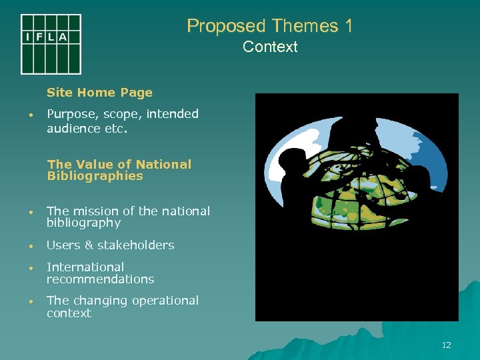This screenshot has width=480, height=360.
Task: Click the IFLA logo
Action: click(51, 44)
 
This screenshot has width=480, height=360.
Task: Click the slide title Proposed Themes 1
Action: click(269, 26)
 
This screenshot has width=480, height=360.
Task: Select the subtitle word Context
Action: click(270, 47)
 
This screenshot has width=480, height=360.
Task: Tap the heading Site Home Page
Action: click(99, 93)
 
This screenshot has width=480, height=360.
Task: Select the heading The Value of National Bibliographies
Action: click(119, 170)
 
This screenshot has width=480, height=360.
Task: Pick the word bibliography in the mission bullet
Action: click(83, 223)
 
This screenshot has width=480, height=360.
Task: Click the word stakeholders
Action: click(137, 245)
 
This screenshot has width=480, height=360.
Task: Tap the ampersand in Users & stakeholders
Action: click(89, 245)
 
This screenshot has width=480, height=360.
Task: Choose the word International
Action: click(85, 267)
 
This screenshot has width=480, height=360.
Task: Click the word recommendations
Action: click(100, 279)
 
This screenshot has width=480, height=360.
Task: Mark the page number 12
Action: click(446, 345)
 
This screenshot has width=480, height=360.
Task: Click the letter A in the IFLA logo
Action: click(63, 37)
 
